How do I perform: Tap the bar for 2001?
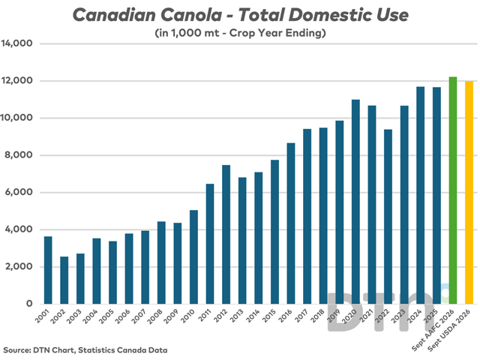click(x=48, y=270)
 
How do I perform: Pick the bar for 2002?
click(x=64, y=280)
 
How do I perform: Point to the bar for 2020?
click(x=355, y=202)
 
